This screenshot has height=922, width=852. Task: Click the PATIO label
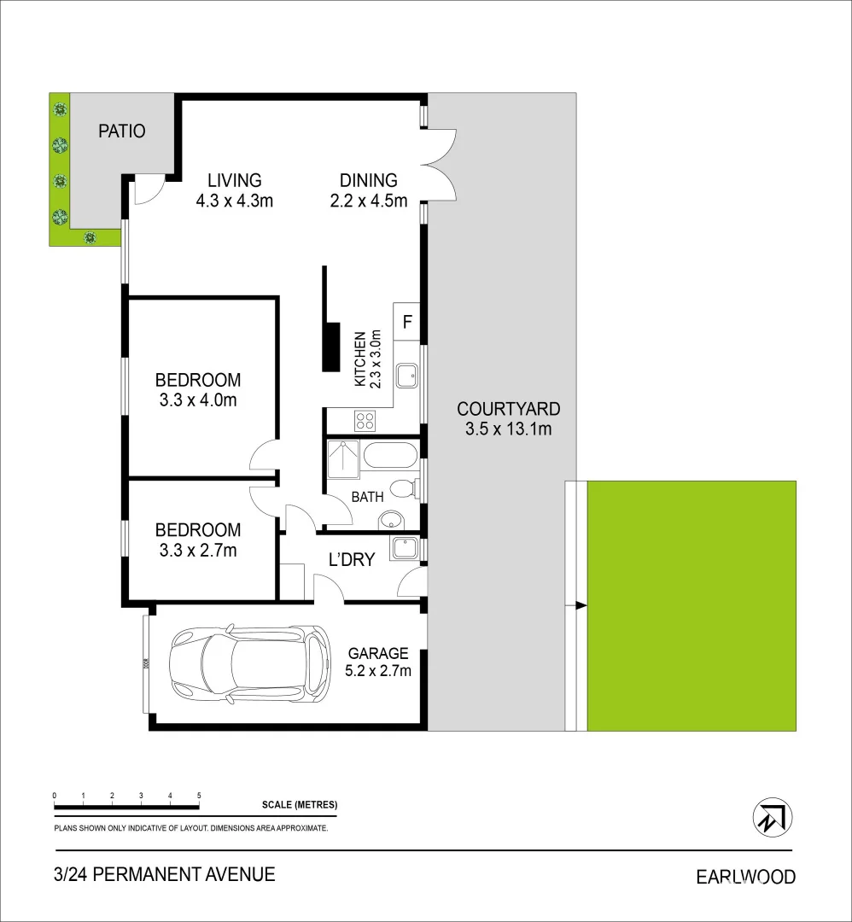click(x=122, y=131)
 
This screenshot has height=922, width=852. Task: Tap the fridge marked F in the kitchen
click(x=407, y=323)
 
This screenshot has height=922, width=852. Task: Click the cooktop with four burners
click(x=366, y=420)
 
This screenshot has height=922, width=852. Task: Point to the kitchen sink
click(x=409, y=374)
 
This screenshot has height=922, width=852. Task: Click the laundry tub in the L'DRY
click(x=402, y=547)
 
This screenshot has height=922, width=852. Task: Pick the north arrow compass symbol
click(x=772, y=818)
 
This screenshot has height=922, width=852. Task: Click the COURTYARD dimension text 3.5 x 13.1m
click(x=508, y=429)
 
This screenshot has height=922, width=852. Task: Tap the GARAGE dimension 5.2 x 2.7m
click(x=379, y=671)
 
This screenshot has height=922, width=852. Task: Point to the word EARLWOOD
click(x=745, y=877)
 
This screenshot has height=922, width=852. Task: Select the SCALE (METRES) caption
click(x=300, y=805)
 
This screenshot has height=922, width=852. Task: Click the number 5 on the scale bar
click(x=199, y=795)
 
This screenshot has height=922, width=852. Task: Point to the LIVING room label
click(x=235, y=180)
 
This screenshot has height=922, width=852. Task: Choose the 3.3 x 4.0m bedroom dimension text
click(x=197, y=400)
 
